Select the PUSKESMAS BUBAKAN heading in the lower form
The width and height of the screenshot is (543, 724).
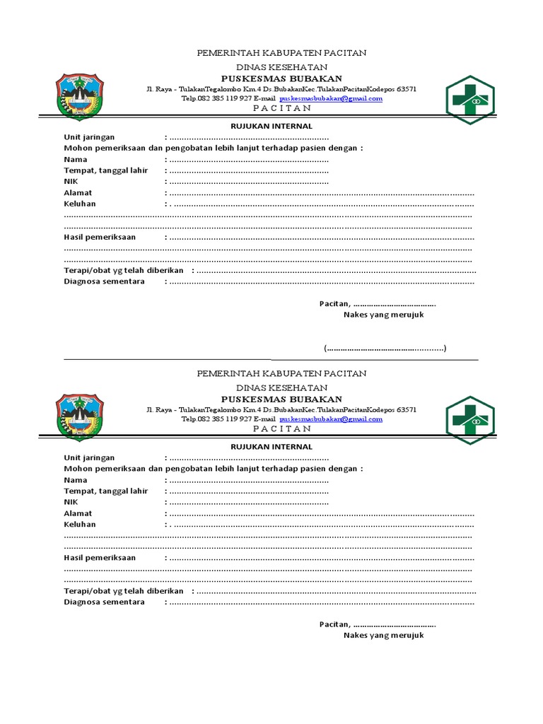click(x=281, y=399)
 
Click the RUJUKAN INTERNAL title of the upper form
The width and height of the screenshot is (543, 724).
click(x=272, y=127)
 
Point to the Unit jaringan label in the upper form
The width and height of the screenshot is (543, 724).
click(x=89, y=137)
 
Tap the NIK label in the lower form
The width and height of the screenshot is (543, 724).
click(x=71, y=502)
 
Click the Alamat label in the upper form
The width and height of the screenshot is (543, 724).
click(x=78, y=192)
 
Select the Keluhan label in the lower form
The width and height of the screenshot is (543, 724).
click(x=80, y=524)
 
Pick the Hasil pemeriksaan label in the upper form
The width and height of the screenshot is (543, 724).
click(x=100, y=237)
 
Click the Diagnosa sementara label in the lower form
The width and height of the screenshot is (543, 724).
click(x=104, y=602)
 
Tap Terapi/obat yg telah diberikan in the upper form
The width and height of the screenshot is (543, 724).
click(x=124, y=271)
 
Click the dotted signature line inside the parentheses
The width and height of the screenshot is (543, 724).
click(x=385, y=349)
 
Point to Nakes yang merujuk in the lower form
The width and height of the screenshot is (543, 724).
click(x=383, y=635)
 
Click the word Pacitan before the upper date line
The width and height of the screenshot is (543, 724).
click(x=334, y=303)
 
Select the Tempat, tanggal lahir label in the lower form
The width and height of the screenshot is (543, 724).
click(x=106, y=491)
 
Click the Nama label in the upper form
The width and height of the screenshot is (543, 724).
click(x=76, y=159)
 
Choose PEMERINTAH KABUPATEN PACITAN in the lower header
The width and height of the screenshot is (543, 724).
click(x=281, y=373)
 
